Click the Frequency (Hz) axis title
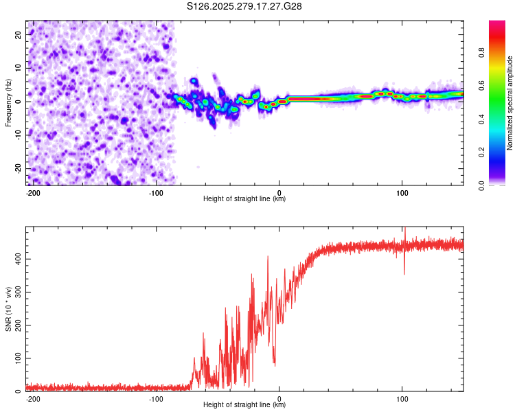[x=8, y=102]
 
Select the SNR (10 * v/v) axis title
[x=8, y=309]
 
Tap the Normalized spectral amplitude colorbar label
[x=510, y=103]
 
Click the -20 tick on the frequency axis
[x=18, y=168]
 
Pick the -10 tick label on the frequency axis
[x=18, y=135]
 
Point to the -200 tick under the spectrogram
[x=34, y=192]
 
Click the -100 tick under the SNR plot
[x=157, y=398]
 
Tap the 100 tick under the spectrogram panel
[x=402, y=192]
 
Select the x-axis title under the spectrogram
[x=244, y=199]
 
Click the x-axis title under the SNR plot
[x=244, y=405]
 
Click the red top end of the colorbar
[x=497, y=25]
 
